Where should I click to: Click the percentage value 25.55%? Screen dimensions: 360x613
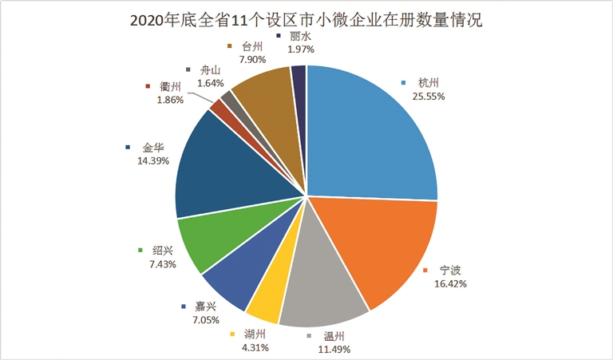click(429, 96)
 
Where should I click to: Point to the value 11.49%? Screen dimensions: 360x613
click(333, 348)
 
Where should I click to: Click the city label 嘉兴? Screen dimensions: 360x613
click(205, 307)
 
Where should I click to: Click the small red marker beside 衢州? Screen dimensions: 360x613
click(148, 87)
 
